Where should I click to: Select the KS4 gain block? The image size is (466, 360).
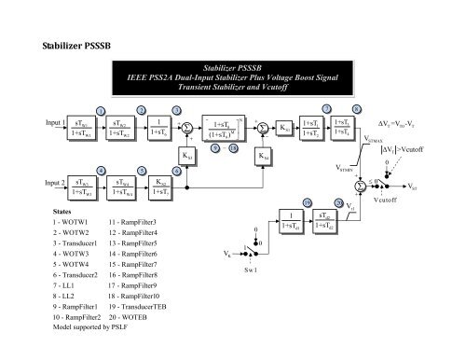click(x=264, y=156)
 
